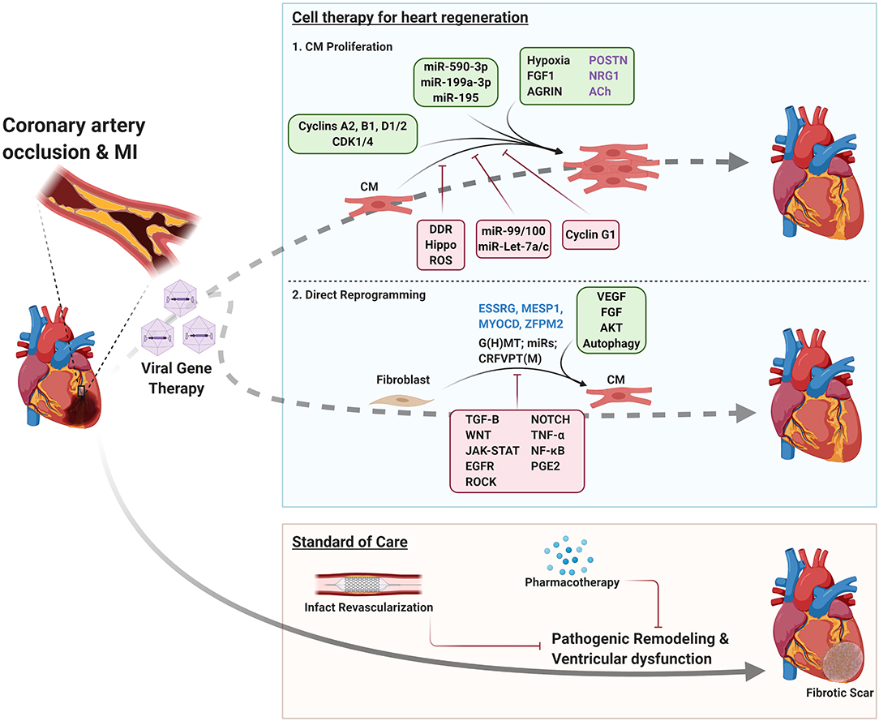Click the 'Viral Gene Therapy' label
point(178,379)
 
